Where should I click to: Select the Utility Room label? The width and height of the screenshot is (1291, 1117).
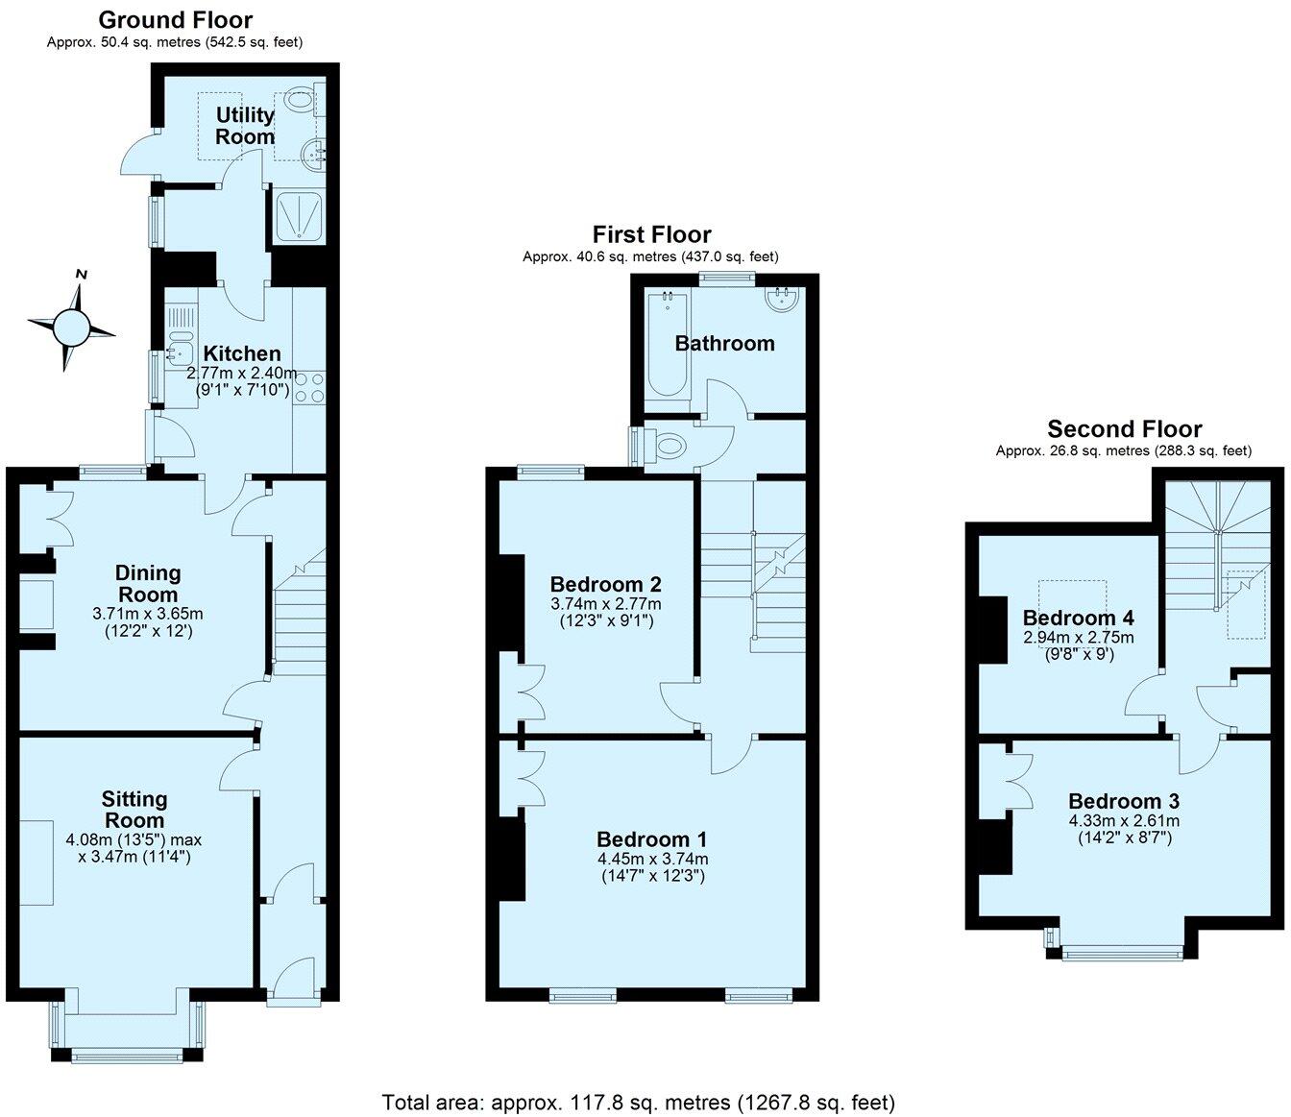pos(245,126)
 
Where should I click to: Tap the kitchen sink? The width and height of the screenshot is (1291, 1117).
pos(176,353)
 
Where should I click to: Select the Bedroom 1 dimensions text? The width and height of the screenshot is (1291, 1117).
pos(652,867)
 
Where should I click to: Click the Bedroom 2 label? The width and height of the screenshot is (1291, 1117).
pos(605,584)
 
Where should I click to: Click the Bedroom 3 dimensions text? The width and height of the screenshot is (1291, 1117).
pos(1124,829)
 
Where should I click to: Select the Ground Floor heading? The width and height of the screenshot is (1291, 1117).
pos(176,19)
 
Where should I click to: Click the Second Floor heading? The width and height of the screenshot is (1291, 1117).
pos(1124,428)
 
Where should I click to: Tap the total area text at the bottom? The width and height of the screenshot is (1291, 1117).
pos(639,1102)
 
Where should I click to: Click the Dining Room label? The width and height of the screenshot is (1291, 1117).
pos(149,583)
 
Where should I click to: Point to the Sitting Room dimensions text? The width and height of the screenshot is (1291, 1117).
pos(134,848)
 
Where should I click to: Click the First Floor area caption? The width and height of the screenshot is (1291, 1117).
pos(650,256)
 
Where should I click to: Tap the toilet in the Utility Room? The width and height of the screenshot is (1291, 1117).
pos(301,99)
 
